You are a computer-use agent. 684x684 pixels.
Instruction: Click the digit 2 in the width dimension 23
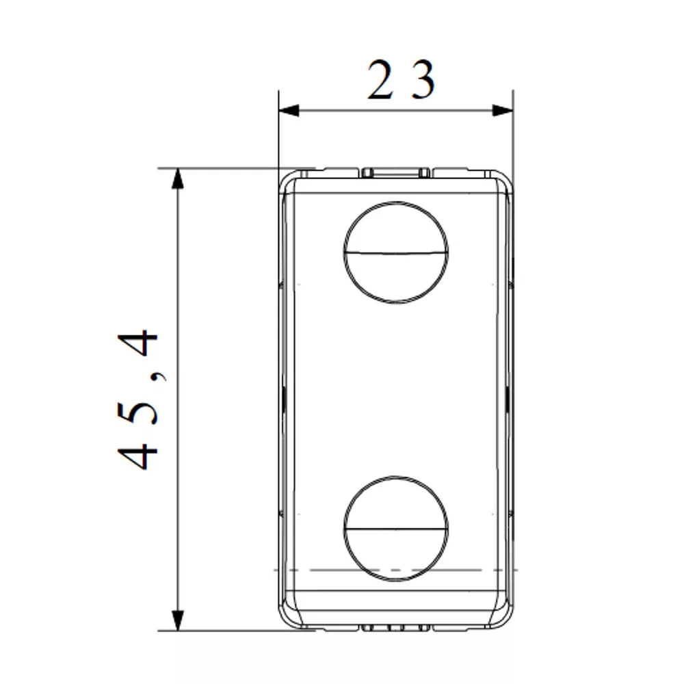[380, 80]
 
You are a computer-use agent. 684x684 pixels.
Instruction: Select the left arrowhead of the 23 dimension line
[289, 110]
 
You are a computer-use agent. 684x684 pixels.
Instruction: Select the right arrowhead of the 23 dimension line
[503, 110]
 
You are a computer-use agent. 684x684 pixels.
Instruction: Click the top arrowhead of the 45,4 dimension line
[178, 179]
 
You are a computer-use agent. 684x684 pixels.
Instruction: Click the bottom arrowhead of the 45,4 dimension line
[178, 620]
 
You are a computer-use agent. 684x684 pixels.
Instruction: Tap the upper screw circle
[396, 201]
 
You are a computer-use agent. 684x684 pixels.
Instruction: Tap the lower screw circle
[396, 476]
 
